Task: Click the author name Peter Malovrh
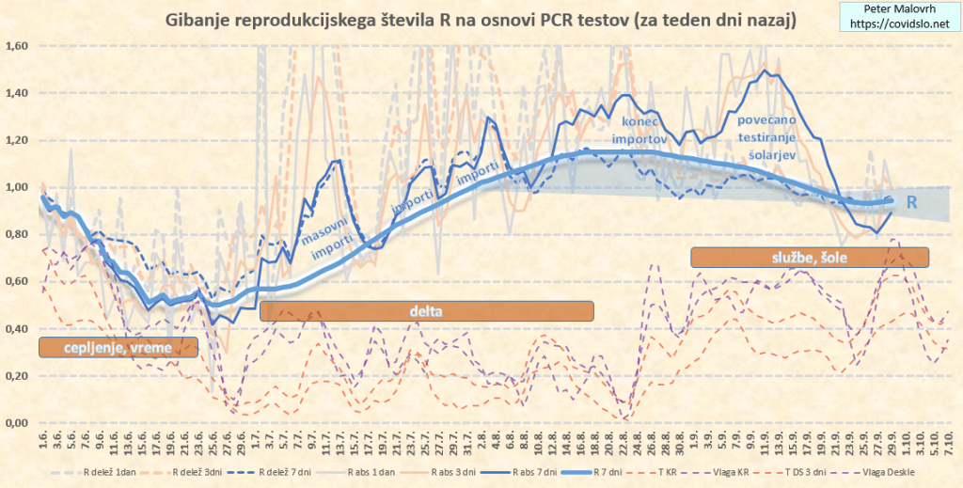893,8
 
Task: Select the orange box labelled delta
426,311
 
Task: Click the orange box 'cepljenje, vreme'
118,347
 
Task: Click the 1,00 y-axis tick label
18,187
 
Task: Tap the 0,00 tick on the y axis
18,422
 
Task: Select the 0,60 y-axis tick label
18,281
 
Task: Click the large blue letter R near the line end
911,202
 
